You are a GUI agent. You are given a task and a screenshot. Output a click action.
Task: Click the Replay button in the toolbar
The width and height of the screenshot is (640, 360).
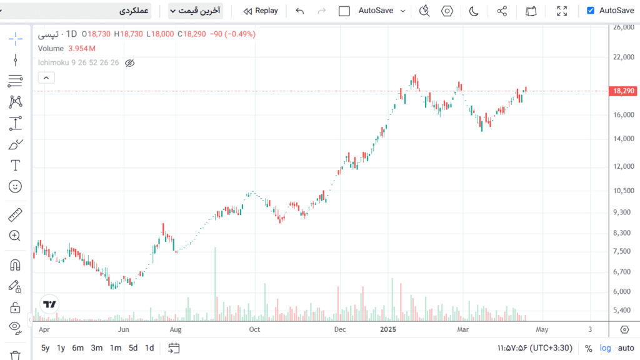click(x=261, y=11)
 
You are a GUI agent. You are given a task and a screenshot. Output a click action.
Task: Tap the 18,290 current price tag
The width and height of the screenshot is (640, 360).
click(x=624, y=91)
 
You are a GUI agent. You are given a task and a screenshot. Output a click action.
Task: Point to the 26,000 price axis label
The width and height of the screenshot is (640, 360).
click(x=624, y=27)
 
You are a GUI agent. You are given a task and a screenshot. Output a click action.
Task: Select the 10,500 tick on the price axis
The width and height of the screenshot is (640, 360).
click(x=624, y=191)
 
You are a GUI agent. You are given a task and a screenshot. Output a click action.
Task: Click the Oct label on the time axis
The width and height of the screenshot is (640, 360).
click(x=254, y=329)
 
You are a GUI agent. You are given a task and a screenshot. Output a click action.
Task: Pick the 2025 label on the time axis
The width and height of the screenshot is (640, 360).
click(x=389, y=329)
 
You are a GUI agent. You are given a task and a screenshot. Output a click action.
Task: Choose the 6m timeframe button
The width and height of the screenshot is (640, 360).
click(x=78, y=348)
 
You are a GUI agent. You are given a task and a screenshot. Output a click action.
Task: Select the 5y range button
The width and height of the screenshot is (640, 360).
click(x=46, y=348)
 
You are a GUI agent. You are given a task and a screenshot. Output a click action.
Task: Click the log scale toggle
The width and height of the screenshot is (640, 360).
click(x=606, y=348)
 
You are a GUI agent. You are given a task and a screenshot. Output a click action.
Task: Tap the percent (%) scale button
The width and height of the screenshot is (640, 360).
click(x=588, y=348)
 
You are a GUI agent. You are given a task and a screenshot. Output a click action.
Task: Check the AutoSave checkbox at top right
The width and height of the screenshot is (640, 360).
click(x=591, y=11)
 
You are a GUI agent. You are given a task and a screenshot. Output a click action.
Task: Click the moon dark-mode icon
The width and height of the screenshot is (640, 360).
click(x=474, y=11)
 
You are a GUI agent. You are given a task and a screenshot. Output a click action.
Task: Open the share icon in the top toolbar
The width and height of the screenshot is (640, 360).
click(x=502, y=11)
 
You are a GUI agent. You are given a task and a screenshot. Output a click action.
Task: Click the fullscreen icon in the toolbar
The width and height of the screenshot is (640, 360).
click(x=562, y=11)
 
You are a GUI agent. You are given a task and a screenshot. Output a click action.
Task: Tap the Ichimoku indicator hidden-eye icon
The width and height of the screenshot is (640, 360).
click(x=130, y=63)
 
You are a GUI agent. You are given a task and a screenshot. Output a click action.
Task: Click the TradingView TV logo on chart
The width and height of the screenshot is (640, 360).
click(x=50, y=304)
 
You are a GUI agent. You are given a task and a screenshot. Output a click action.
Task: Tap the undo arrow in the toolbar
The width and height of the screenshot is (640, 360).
click(x=300, y=11)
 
